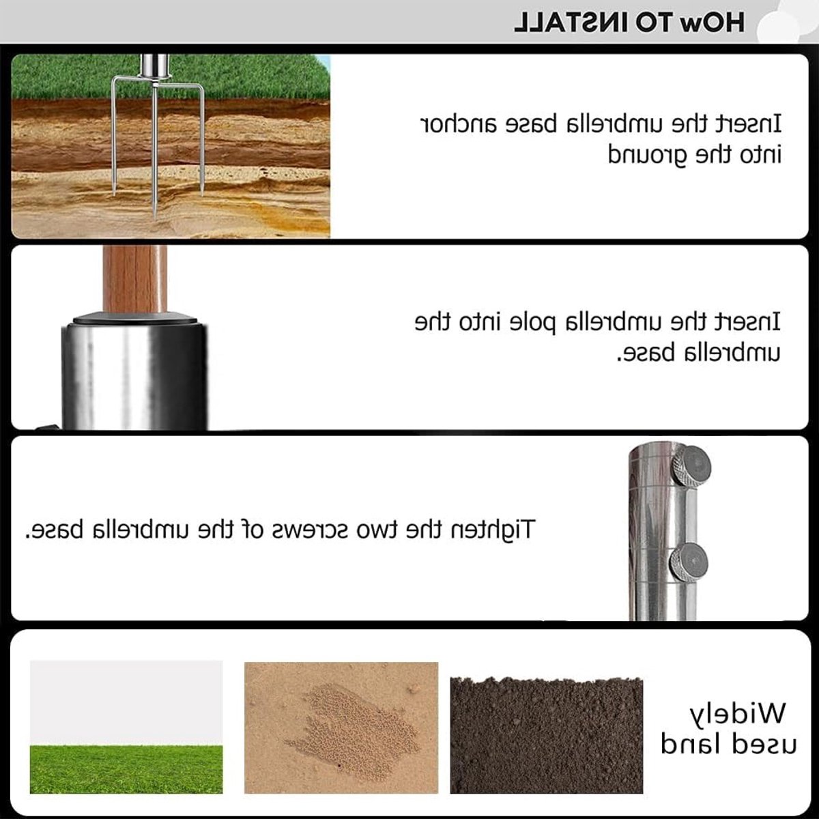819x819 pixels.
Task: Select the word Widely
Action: [x=737, y=714]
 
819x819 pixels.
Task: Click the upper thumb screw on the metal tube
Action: [x=690, y=465]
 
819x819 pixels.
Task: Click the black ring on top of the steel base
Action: [x=134, y=318]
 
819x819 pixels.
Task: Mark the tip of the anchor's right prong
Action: [x=201, y=195]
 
